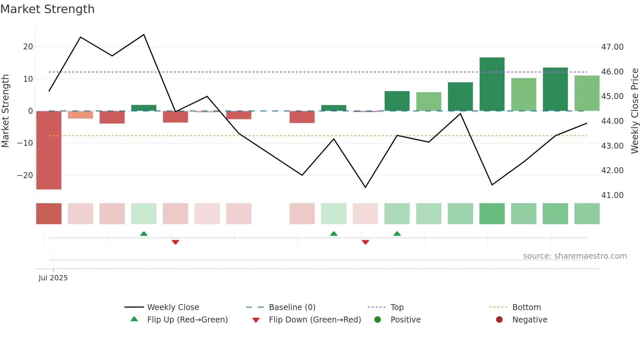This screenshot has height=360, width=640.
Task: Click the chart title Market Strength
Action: tap(47, 9)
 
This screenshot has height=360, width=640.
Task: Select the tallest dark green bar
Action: tap(492, 84)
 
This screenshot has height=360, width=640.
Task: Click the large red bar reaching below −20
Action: tap(49, 150)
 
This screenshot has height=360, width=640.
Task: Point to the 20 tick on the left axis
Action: tap(28, 47)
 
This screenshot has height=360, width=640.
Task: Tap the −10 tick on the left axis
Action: tap(25, 143)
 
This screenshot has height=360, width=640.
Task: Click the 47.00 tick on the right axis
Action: tap(612, 47)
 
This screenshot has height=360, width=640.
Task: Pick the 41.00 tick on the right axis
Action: tap(612, 195)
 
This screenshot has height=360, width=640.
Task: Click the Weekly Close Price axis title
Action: tap(634, 111)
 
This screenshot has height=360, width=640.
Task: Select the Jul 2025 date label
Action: tap(53, 278)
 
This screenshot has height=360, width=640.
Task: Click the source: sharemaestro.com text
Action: tap(575, 256)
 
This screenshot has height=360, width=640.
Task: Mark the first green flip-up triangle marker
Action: tap(144, 234)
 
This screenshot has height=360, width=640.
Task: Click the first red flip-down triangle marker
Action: tap(175, 242)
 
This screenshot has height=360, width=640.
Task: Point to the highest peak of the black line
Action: tap(144, 35)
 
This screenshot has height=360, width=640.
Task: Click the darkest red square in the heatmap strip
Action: tap(49, 214)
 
